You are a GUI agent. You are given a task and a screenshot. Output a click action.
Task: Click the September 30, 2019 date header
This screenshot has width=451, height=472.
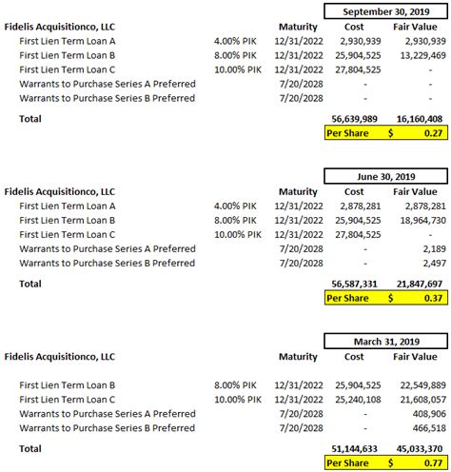point(384,11)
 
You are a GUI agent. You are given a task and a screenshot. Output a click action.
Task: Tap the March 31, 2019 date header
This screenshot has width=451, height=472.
point(384,340)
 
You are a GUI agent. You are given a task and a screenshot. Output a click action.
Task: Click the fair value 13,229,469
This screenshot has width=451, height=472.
point(418,57)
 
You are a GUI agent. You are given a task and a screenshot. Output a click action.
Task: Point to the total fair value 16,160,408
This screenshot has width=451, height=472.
point(418,120)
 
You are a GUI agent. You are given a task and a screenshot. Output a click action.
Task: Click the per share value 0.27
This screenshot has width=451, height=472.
point(434,133)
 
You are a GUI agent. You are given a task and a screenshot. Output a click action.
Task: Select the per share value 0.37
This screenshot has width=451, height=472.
point(434,298)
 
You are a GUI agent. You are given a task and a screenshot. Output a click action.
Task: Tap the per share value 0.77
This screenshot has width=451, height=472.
point(434,462)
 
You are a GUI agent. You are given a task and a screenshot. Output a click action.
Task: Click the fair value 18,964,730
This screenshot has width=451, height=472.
point(418,219)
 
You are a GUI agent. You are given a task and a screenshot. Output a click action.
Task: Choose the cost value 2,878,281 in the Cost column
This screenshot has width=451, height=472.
point(359,206)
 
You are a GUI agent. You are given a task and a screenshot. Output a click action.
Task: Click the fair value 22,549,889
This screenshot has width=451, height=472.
point(418,383)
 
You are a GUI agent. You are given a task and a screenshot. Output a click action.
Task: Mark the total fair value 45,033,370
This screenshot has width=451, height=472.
point(418,449)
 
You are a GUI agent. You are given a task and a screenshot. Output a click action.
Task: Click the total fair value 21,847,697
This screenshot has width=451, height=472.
point(418,285)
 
